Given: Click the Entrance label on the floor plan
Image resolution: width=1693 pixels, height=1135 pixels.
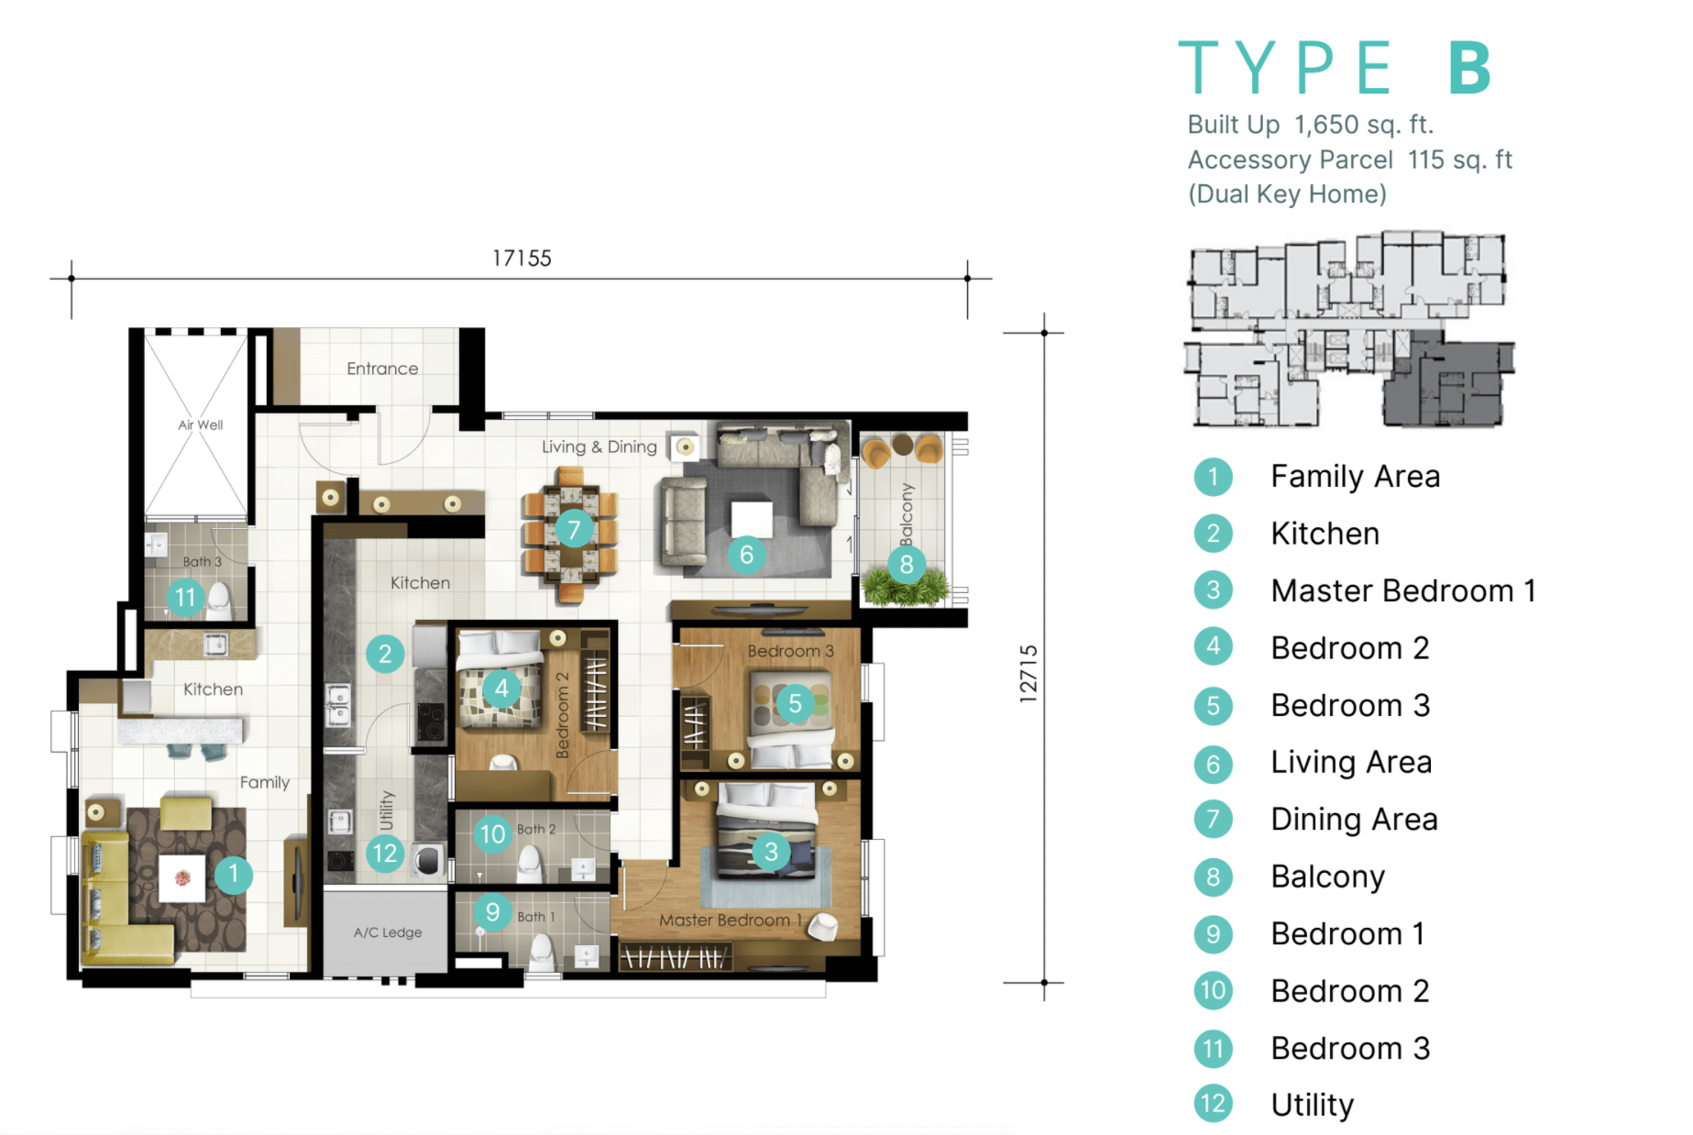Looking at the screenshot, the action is [382, 369].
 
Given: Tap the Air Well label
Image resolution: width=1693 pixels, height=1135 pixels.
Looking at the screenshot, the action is [201, 424].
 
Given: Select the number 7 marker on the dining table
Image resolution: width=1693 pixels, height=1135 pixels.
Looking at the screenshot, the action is [574, 529].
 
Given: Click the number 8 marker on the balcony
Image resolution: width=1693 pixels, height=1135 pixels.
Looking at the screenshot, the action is [907, 564].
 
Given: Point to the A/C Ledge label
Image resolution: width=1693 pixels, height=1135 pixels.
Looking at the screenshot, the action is [388, 932].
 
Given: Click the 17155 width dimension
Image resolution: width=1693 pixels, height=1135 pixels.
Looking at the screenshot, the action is [522, 259].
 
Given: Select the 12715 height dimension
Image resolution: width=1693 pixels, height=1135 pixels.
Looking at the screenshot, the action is [1028, 674].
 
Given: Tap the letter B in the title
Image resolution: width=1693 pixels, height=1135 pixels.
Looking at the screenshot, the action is [1470, 68].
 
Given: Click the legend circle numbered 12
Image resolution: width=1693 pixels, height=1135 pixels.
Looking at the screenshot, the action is [1213, 1104].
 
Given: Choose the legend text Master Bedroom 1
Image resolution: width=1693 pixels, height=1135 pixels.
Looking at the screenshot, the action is [1403, 591].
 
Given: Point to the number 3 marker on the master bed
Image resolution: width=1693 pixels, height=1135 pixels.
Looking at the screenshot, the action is [771, 852].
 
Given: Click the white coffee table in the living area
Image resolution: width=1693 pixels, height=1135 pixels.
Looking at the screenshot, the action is [751, 519].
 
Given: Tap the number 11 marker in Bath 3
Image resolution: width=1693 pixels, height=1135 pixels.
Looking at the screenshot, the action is [185, 598].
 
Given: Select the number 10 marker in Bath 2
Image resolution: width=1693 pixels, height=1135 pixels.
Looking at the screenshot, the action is [492, 834].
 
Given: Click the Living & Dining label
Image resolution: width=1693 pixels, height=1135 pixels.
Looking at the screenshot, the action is [599, 446].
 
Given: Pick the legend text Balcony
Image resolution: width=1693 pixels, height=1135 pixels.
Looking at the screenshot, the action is [1328, 877].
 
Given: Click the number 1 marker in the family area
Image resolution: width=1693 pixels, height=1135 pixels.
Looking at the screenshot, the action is [234, 874].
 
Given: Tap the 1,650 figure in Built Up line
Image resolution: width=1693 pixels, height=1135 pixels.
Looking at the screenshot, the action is [1326, 125].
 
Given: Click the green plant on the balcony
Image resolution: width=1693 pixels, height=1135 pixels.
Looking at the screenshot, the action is [906, 588].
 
